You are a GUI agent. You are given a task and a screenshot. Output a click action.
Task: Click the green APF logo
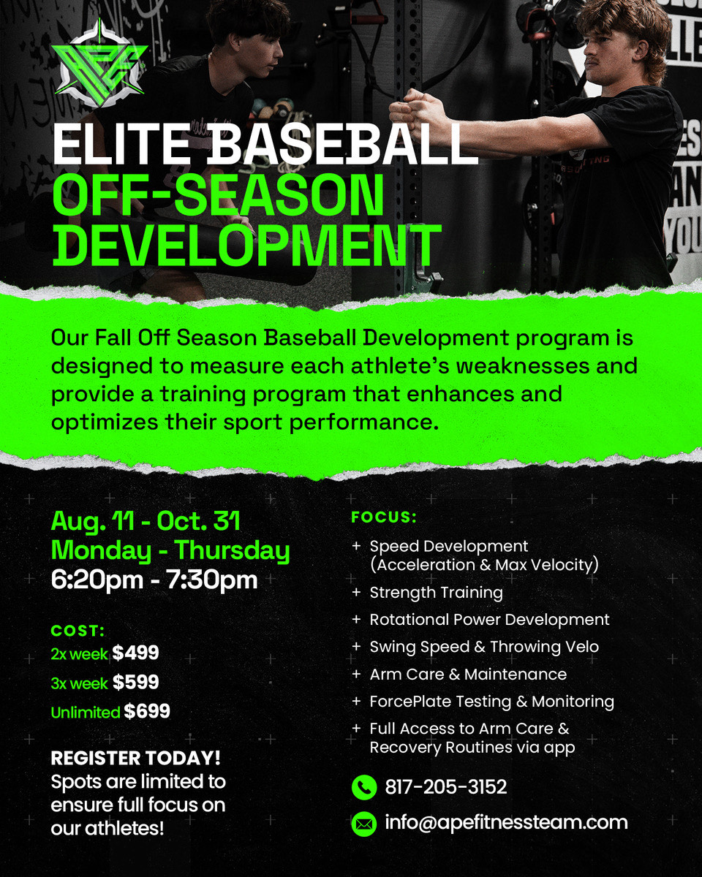[99, 64]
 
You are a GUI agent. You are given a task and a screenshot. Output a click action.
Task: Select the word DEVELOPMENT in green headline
[246, 246]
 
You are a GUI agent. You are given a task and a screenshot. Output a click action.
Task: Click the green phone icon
[364, 786]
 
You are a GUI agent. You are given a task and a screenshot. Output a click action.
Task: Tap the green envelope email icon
[364, 824]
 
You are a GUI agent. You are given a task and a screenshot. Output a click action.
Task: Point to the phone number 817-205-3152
[446, 786]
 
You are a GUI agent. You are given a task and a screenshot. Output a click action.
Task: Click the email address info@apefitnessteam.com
[506, 822]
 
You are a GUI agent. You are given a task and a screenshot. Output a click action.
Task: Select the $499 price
[136, 653]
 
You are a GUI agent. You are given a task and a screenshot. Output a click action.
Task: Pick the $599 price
[136, 682]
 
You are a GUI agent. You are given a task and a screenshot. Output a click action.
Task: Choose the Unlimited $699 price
[110, 711]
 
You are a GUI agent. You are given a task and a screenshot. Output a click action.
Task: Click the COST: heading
[78, 631]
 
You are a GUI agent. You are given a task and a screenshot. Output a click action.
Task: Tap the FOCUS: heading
[384, 517]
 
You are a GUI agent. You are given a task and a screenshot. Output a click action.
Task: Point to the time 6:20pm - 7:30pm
[154, 580]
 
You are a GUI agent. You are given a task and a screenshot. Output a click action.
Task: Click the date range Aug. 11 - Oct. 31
[146, 521]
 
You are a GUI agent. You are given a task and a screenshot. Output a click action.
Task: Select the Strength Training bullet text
[436, 593]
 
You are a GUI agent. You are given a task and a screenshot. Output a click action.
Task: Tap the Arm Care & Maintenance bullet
[468, 675]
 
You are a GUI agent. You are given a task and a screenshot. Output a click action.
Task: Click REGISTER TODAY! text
[136, 758]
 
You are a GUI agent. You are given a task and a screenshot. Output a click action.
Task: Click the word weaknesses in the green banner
[523, 366]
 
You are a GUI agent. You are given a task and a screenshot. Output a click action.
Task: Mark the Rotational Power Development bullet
[489, 620]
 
